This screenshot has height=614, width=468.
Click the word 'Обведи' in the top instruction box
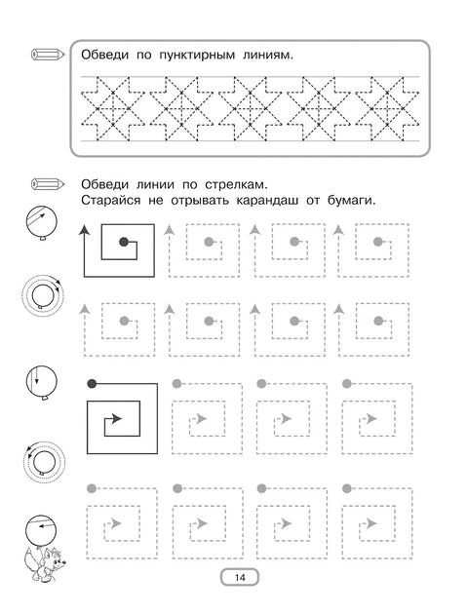tap(104, 56)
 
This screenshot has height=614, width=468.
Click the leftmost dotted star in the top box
tap(113, 107)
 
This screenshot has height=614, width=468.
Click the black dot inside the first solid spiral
tap(123, 241)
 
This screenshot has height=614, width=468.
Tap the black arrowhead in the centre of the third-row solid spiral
tap(117, 419)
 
